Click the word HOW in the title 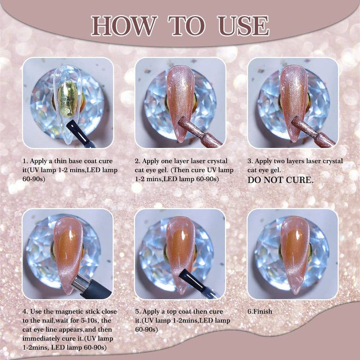[x=124, y=26]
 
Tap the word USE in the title [x=243, y=26]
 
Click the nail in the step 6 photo [x=295, y=255]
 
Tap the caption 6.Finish [x=260, y=311]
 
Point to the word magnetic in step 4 [x=69, y=311]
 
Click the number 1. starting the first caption [x=25, y=161]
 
